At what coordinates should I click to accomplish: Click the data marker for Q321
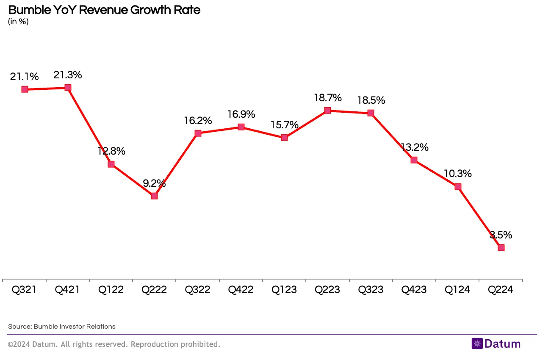(25, 89)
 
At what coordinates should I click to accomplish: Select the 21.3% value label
(68, 75)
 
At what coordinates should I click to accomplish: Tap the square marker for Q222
(154, 196)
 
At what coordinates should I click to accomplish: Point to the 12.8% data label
(111, 151)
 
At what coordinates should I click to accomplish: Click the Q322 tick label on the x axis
(197, 290)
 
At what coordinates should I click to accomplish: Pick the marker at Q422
(241, 127)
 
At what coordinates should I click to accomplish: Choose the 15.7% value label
(284, 125)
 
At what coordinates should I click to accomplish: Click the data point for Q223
(327, 111)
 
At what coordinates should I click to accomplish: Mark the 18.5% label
(371, 100)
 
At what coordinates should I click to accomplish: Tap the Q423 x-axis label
(414, 290)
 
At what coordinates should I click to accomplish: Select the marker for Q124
(457, 186)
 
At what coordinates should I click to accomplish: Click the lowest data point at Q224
(501, 247)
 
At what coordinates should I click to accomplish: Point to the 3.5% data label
(501, 235)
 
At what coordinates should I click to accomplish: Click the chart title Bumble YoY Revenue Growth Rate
(104, 10)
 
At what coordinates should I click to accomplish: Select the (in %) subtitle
(18, 22)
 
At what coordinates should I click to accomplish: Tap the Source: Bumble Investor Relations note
(62, 327)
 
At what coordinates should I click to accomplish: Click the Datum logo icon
(477, 343)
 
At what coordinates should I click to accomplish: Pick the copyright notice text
(114, 344)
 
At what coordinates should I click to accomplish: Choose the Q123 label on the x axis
(284, 290)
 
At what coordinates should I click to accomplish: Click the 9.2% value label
(154, 183)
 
